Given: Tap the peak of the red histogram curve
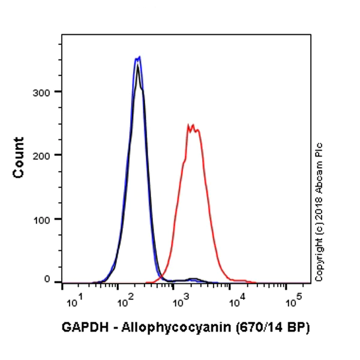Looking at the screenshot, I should [x=192, y=125].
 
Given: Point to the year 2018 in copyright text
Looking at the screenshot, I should [x=319, y=207].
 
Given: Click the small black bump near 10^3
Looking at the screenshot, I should [x=193, y=279].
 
